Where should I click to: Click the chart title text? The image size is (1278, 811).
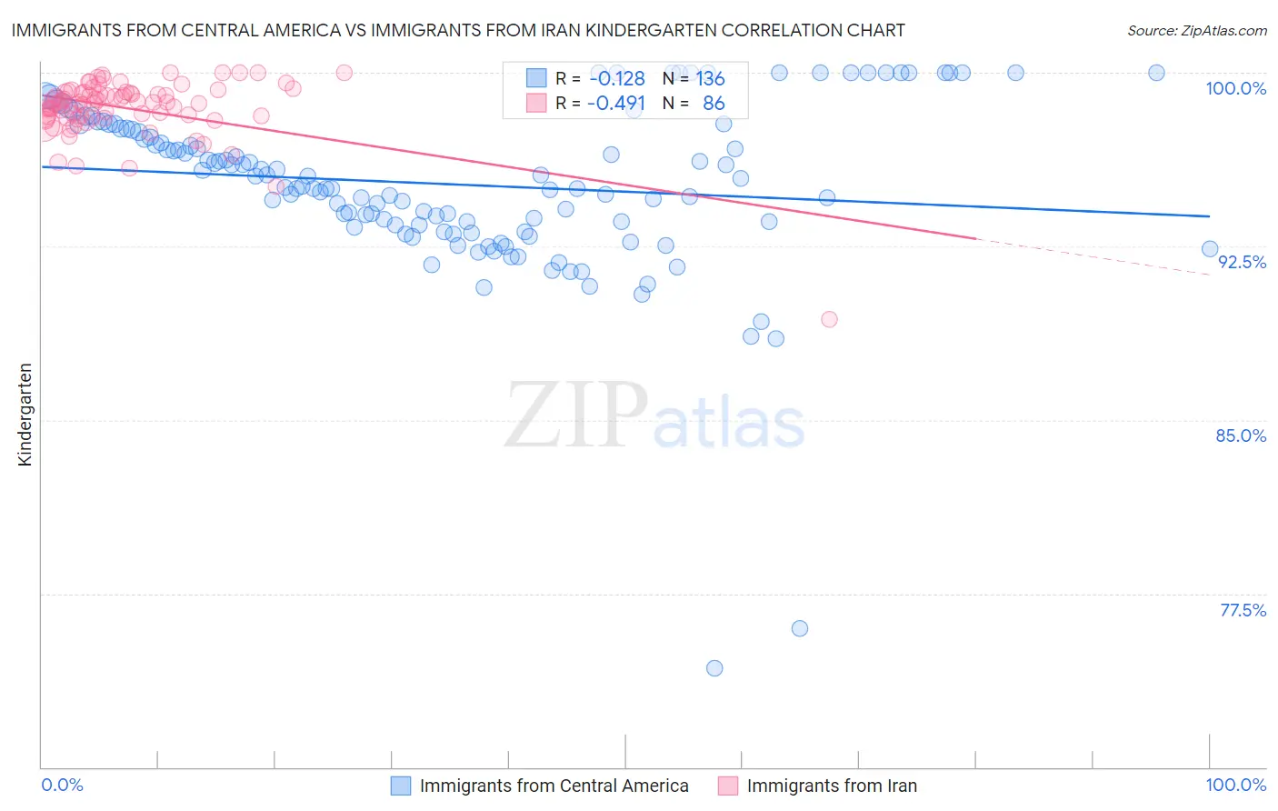(458, 30)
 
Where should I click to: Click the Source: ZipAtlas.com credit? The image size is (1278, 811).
(1196, 30)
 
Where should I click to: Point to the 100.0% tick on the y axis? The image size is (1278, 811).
(1235, 88)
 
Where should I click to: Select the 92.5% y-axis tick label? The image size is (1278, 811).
(1242, 262)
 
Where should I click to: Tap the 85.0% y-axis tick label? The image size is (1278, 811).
(1241, 436)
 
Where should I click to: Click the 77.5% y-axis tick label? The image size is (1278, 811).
(1243, 610)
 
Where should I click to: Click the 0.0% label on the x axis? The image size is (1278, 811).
(62, 785)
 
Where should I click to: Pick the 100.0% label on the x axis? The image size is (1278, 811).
(1235, 785)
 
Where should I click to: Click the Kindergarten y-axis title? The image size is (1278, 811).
(25, 415)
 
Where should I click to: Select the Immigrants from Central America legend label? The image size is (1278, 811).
(554, 786)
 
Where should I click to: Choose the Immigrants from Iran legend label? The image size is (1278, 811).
(832, 786)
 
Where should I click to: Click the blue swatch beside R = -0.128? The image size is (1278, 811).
(536, 78)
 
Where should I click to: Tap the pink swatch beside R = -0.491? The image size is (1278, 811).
(536, 103)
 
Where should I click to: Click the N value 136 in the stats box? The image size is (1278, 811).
(710, 78)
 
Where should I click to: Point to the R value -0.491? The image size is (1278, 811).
(615, 103)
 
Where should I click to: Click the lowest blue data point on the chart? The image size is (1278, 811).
(714, 668)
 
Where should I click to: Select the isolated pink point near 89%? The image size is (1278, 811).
(829, 319)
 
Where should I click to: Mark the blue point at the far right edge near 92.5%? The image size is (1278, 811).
(1210, 249)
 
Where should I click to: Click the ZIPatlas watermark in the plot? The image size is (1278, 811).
(654, 416)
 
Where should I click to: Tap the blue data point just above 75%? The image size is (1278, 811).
(800, 628)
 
